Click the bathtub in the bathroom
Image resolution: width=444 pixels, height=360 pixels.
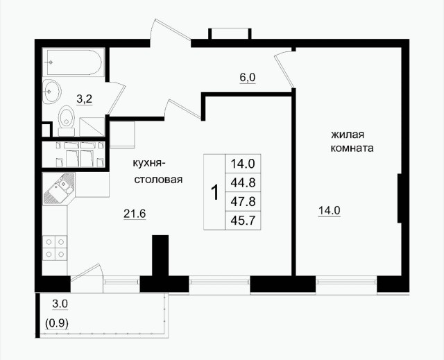pyautogui.click(x=74, y=62)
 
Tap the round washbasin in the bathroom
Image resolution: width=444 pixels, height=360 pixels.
pyautogui.click(x=52, y=91)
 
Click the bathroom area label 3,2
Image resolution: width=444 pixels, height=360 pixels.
pyautogui.click(x=85, y=100)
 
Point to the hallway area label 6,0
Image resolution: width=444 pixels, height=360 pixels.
pyautogui.click(x=248, y=78)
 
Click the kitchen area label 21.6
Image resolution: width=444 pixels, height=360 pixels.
pyautogui.click(x=135, y=214)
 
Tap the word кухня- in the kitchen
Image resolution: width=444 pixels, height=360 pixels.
pyautogui.click(x=147, y=164)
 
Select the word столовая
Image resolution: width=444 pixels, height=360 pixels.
pyautogui.click(x=158, y=180)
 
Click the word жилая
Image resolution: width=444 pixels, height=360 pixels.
pyautogui.click(x=348, y=135)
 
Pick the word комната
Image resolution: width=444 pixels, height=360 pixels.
pyautogui.click(x=352, y=148)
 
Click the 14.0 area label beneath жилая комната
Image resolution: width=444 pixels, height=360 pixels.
pyautogui.click(x=330, y=211)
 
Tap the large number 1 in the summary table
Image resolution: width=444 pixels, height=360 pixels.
pyautogui.click(x=215, y=192)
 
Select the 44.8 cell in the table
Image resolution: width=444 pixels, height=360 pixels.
pyautogui.click(x=243, y=182)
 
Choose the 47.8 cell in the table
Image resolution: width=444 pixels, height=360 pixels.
pyautogui.click(x=243, y=202)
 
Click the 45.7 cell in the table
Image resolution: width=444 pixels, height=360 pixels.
pyautogui.click(x=243, y=220)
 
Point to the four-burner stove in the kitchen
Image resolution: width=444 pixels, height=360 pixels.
pyautogui.click(x=55, y=248)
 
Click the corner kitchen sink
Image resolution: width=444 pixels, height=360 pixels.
pyautogui.click(x=58, y=189)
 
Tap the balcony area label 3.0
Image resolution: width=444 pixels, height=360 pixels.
pyautogui.click(x=60, y=305)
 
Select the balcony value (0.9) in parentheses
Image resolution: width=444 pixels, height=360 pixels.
pyautogui.click(x=57, y=323)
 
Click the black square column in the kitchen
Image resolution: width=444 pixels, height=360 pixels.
pyautogui.click(x=160, y=255)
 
